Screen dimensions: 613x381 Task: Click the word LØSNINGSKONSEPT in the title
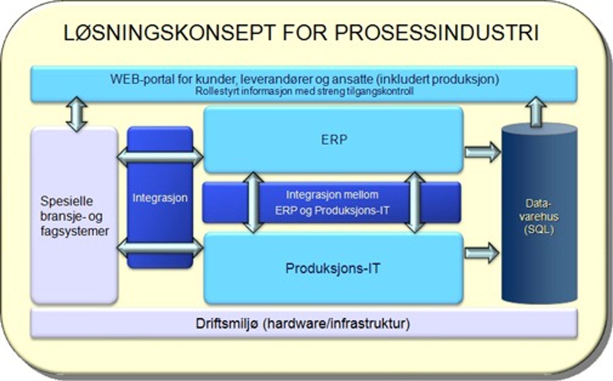click(169, 33)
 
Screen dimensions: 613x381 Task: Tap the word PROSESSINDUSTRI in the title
click(436, 33)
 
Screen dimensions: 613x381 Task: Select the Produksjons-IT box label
click(333, 269)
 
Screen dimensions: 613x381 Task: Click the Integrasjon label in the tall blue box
click(160, 198)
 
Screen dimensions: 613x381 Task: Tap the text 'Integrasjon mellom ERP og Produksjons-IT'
click(332, 202)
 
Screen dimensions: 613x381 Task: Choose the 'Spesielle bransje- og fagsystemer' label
click(74, 216)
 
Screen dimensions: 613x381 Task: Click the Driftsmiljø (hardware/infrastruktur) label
click(303, 324)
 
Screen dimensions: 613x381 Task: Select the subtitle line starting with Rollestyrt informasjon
click(304, 91)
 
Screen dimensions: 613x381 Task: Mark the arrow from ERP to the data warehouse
click(482, 152)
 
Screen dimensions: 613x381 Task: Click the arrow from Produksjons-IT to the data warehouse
click(482, 253)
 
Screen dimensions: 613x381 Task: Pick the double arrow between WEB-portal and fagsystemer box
click(77, 114)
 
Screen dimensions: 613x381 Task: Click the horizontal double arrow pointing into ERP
click(160, 157)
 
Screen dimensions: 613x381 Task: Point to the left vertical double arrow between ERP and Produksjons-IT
click(253, 202)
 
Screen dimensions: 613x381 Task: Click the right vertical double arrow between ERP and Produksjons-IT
click(415, 202)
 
